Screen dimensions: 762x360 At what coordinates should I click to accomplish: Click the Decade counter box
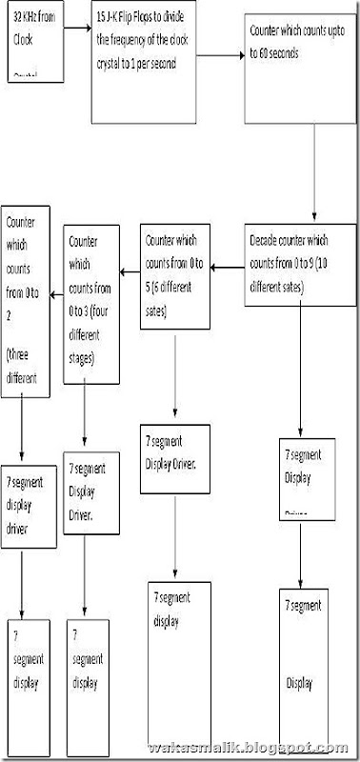coord(299,265)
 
